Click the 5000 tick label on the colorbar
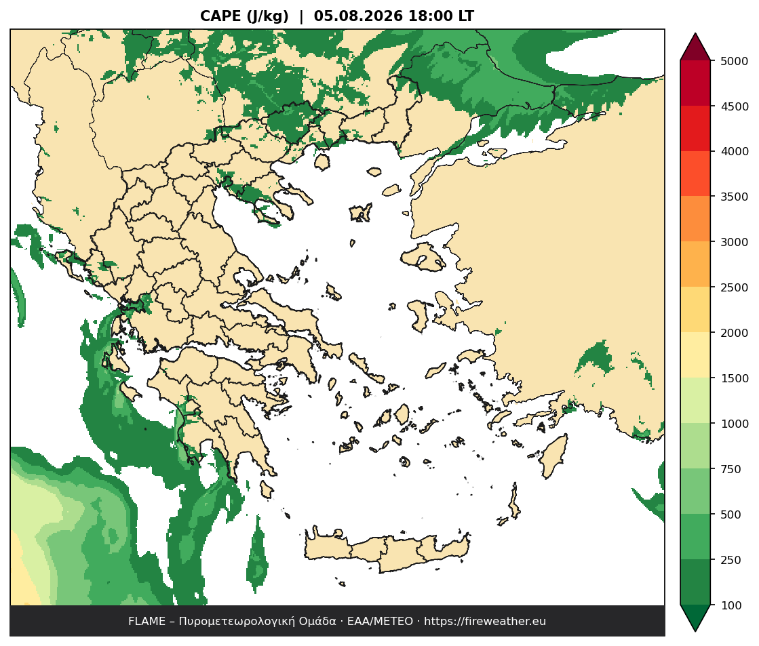coord(735,61)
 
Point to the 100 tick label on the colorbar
coord(731,605)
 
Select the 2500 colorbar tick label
coord(735,287)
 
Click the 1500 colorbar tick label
coord(735,378)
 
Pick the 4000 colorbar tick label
coord(735,151)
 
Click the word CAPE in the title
coord(221,16)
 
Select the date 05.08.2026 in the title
coord(358,16)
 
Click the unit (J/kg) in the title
coord(268,16)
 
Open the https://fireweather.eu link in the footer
coord(485,622)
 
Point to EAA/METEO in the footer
coord(380,622)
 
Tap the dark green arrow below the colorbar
coord(695,616)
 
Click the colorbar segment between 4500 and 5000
coord(695,83)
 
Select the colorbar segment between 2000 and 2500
coord(695,310)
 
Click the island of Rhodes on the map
coord(553,456)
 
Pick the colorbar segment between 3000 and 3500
coord(695,219)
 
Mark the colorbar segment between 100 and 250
coord(695,582)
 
